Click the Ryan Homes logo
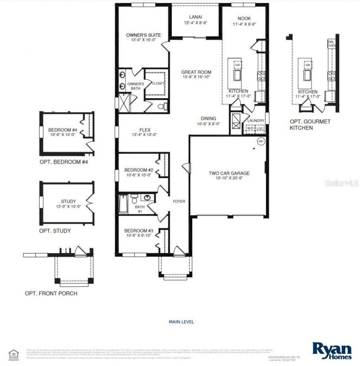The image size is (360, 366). point(332,350)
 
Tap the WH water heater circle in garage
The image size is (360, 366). point(261,141)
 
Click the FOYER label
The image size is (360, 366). point(179,201)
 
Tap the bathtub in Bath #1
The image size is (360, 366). point(123,204)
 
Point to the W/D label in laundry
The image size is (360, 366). point(250,129)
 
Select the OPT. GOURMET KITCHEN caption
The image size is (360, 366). point(310,125)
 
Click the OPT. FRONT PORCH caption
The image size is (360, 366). point(51,294)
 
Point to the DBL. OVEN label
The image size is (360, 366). point(332,44)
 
